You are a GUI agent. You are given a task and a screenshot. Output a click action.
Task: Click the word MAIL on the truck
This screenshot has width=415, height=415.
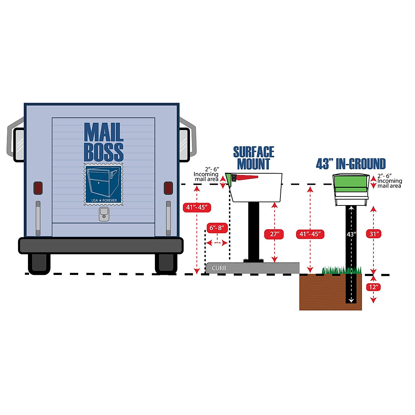(x=103, y=132)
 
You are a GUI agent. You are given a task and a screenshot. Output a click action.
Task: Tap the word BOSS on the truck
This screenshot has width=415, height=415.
(x=103, y=151)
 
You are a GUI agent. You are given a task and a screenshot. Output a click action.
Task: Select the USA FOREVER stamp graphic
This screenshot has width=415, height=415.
(x=103, y=185)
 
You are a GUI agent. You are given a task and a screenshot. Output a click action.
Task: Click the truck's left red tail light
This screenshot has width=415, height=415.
(x=38, y=188)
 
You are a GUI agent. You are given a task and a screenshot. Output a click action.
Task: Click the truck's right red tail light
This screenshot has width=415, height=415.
(x=168, y=188)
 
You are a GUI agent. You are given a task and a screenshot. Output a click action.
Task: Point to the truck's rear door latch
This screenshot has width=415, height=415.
(x=104, y=214)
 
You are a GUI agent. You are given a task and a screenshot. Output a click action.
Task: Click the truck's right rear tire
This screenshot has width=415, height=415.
(x=166, y=263)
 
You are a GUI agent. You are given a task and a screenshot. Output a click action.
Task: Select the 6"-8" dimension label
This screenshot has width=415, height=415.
(x=217, y=228)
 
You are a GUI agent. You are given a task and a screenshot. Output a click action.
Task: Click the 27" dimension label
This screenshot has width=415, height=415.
(x=274, y=234)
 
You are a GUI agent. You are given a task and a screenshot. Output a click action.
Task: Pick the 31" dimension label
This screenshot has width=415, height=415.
(x=373, y=234)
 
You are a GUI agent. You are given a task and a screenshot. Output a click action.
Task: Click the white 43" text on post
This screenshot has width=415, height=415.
(x=351, y=234)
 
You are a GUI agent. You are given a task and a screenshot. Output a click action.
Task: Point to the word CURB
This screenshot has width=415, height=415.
(x=219, y=268)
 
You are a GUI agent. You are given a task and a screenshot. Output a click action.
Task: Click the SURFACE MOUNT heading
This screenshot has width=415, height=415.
(x=253, y=158)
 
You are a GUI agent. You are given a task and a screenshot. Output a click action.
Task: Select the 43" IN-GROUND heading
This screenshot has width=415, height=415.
(x=351, y=164)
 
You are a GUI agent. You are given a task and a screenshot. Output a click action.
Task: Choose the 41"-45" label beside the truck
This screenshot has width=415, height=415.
(x=196, y=207)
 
